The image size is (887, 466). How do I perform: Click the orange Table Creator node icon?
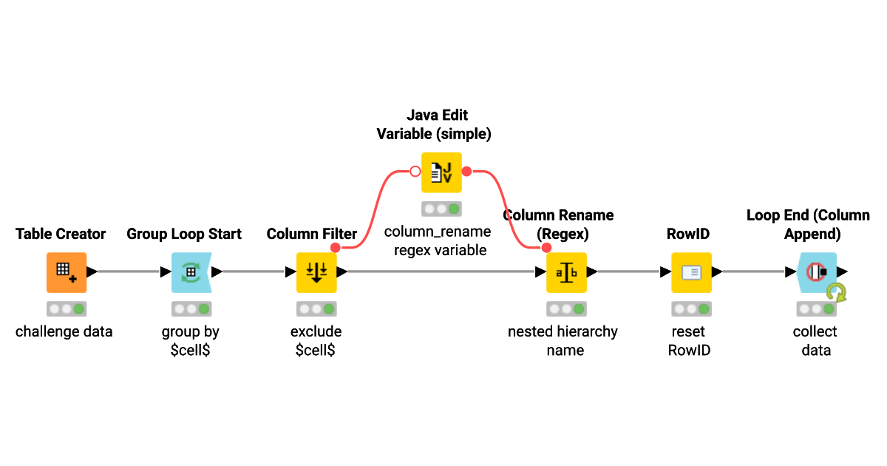pyautogui.click(x=67, y=272)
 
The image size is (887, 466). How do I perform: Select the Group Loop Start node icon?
pyautogui.click(x=191, y=272)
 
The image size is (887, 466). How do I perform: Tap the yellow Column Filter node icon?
pyautogui.click(x=316, y=272)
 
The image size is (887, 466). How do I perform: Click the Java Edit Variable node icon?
pyautogui.click(x=441, y=172)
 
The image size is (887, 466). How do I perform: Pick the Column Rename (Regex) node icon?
pyautogui.click(x=566, y=272)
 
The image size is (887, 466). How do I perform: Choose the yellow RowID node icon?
pyautogui.click(x=691, y=272)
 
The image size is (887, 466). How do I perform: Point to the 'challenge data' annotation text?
pyautogui.click(x=64, y=331)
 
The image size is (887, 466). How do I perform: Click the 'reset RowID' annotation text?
pyautogui.click(x=689, y=341)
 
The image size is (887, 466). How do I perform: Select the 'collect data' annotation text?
pyautogui.click(x=816, y=341)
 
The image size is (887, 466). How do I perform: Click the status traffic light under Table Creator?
pyautogui.click(x=67, y=308)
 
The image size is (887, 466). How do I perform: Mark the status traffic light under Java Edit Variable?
pyautogui.click(x=441, y=209)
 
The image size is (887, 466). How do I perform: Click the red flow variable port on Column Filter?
pyautogui.click(x=336, y=247)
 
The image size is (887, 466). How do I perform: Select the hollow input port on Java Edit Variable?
pyautogui.click(x=415, y=172)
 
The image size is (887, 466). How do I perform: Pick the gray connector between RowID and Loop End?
pyautogui.click(x=754, y=271)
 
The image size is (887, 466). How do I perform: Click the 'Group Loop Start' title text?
pyautogui.click(x=184, y=234)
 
